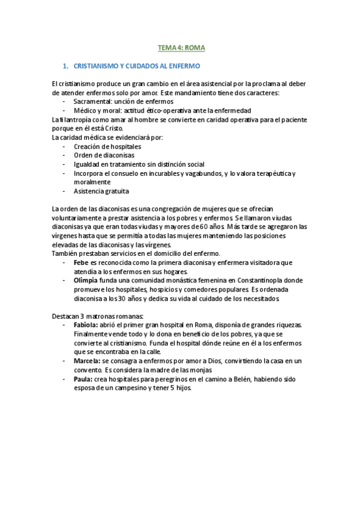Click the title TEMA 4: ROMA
point(182,47)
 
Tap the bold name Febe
point(81,262)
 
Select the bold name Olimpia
point(85,281)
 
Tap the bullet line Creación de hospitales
point(107,147)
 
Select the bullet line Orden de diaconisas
point(104,155)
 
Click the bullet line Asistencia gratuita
point(101,191)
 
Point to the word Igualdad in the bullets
point(87,164)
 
